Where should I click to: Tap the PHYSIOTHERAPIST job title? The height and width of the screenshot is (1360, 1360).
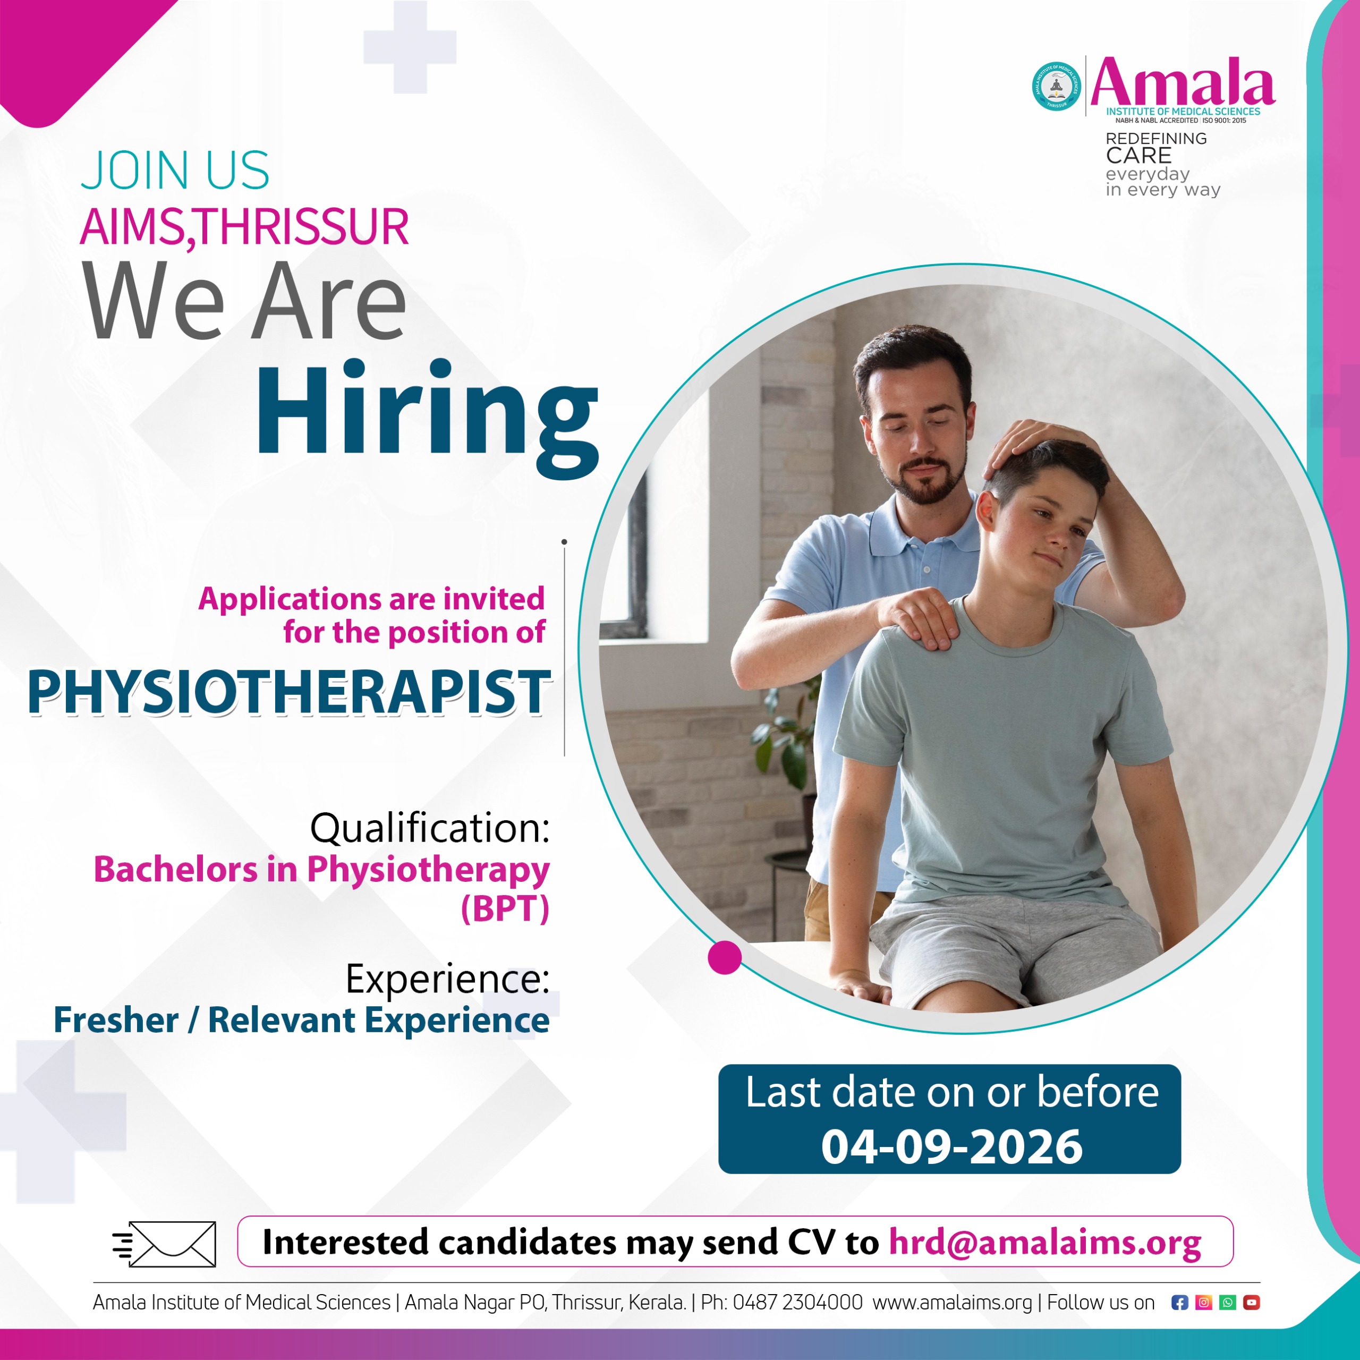(288, 693)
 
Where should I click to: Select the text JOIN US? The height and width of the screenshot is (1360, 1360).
(175, 171)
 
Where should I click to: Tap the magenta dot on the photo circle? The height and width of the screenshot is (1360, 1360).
(724, 957)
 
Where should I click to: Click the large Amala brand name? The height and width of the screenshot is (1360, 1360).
(1183, 83)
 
